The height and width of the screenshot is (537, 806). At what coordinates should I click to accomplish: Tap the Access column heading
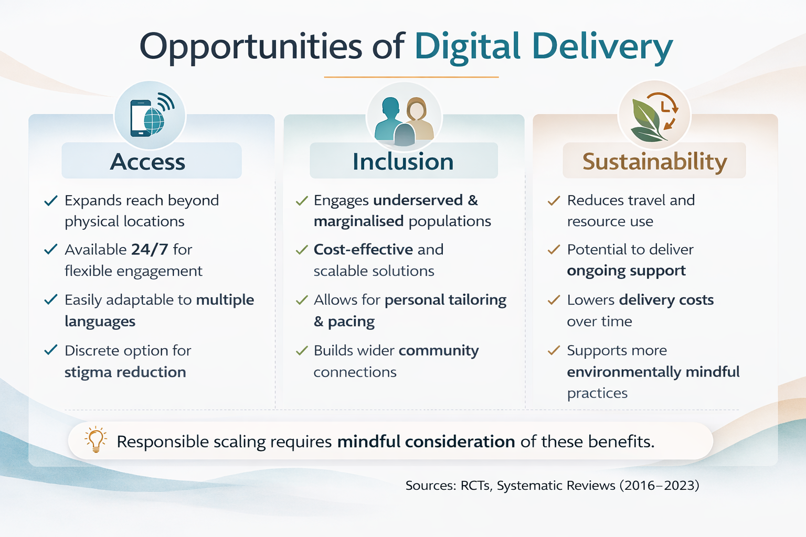pos(147,162)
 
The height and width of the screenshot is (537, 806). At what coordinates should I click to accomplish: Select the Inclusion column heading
pos(403,162)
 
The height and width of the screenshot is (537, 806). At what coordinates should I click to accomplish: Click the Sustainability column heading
pos(654,162)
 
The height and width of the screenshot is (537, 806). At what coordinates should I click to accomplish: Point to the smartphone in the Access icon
pos(140,118)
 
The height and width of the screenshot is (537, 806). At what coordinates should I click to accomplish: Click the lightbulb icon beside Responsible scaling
pos(96,439)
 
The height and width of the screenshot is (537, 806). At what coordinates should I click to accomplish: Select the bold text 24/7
pos(150,249)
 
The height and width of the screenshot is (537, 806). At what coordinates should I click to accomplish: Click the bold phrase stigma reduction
pos(125,372)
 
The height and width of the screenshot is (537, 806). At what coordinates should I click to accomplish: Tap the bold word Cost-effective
pos(364,249)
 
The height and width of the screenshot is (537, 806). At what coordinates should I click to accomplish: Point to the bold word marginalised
pos(359,221)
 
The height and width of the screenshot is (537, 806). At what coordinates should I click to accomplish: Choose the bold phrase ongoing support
pos(627,271)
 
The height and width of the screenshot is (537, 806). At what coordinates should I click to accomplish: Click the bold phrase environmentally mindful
pos(653,372)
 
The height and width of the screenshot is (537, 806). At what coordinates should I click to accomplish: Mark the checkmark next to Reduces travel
pos(554,200)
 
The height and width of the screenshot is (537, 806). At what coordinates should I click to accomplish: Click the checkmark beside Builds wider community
pos(302,350)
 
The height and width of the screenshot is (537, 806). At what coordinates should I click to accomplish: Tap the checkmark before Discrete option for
pos(51,350)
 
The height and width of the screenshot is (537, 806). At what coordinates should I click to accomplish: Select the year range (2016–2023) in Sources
pos(659,486)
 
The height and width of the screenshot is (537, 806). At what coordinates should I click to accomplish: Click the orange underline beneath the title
pos(411,77)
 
